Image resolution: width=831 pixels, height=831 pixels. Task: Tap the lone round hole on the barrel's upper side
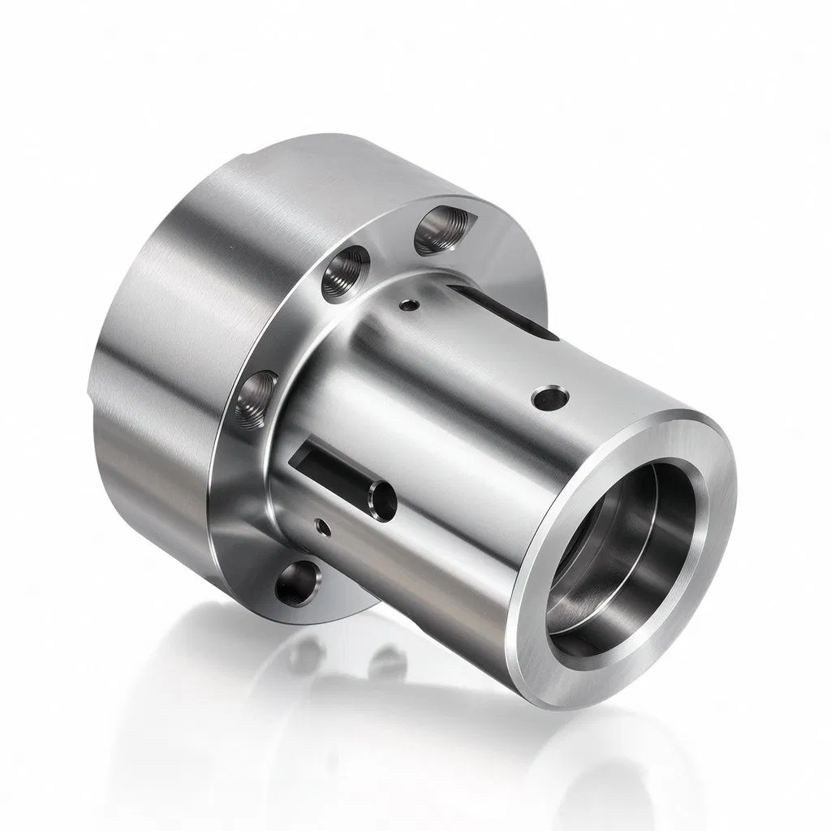pyautogui.click(x=549, y=398)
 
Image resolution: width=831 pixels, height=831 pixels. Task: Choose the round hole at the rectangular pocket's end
pyautogui.click(x=380, y=498)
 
